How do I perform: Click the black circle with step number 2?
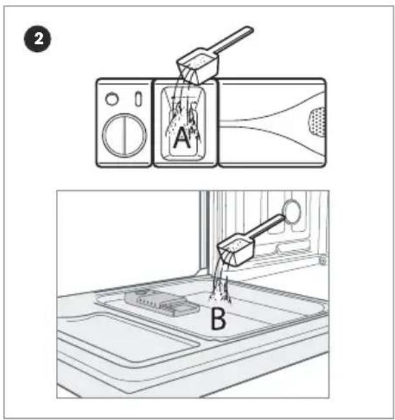[38, 39]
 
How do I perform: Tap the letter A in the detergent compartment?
[182, 137]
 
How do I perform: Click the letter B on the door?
[218, 318]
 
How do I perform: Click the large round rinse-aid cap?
[125, 135]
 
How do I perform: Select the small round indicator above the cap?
[112, 99]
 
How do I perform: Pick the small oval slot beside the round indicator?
[138, 99]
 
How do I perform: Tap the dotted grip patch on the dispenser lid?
[317, 122]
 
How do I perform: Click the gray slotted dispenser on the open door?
[162, 303]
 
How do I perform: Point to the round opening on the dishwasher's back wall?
[292, 211]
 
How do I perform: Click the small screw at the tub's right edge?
[323, 259]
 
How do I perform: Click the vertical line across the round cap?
[125, 135]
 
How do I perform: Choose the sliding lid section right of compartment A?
[272, 122]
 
